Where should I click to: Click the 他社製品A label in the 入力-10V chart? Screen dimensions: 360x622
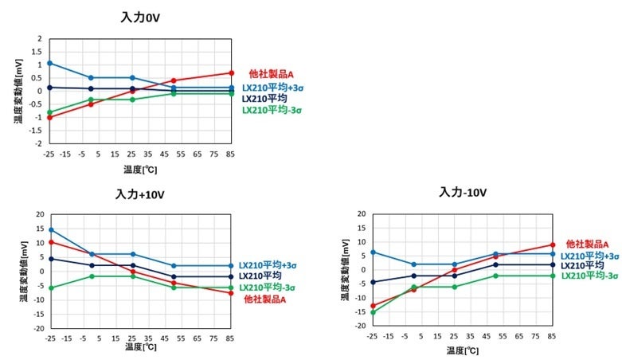pyautogui.click(x=588, y=244)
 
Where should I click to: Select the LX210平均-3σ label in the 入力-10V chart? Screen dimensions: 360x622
pyautogui.click(x=590, y=276)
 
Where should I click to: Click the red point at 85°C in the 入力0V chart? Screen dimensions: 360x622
pyautogui.click(x=231, y=72)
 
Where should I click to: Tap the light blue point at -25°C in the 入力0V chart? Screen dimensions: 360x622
pyautogui.click(x=49, y=63)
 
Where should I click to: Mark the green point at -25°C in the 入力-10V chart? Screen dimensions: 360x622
pyautogui.click(x=372, y=311)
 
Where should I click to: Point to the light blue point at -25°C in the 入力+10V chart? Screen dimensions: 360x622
pyautogui.click(x=50, y=229)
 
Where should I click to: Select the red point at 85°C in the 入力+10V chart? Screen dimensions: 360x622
pyautogui.click(x=231, y=293)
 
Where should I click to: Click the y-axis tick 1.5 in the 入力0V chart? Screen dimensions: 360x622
pyautogui.click(x=38, y=51)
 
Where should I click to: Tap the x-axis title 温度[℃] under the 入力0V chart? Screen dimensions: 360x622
pyautogui.click(x=139, y=169)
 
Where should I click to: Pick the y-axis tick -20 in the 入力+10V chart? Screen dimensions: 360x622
pyautogui.click(x=37, y=327)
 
